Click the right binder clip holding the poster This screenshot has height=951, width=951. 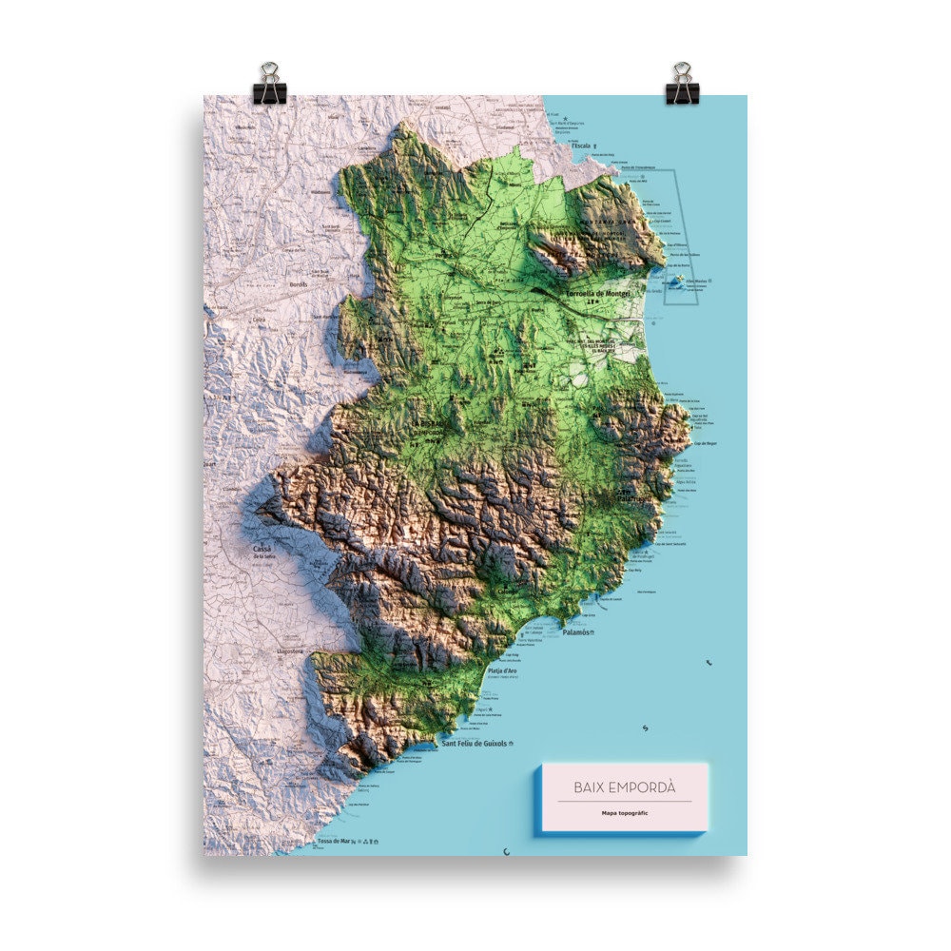click(682, 83)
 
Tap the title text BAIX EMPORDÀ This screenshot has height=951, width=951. click(624, 787)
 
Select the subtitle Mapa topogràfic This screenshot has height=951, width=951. click(624, 813)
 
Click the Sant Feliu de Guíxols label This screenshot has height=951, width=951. click(475, 744)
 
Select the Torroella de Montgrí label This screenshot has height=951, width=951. click(598, 294)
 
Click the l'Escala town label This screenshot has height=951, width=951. click(580, 146)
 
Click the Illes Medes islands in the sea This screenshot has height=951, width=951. click(677, 281)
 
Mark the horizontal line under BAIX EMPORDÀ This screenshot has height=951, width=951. click(624, 802)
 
